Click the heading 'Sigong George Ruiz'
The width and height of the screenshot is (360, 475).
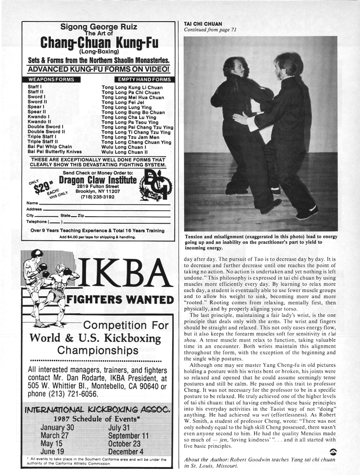click(x=99, y=27)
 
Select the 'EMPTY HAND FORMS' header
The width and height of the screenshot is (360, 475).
click(x=144, y=80)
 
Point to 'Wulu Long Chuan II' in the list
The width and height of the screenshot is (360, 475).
click(x=124, y=152)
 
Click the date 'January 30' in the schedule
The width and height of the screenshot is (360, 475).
click(x=57, y=427)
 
